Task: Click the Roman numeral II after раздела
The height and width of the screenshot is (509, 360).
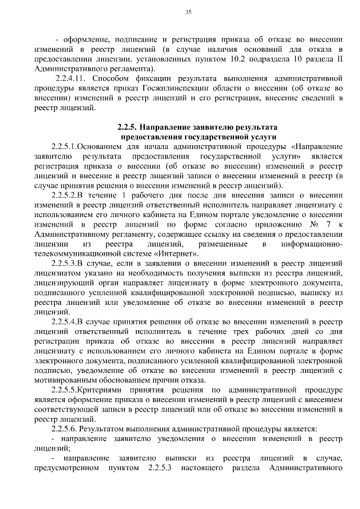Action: (x=338, y=57)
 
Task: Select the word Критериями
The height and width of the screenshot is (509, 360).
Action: (x=110, y=390)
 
